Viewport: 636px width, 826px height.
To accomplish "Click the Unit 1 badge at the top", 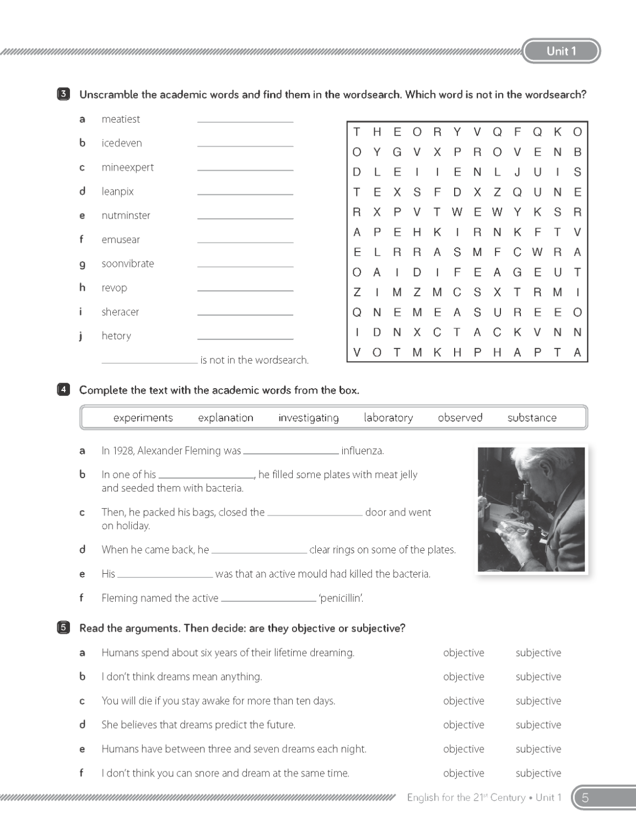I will coord(560,51).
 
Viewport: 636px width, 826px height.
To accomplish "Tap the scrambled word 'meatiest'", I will coord(121,119).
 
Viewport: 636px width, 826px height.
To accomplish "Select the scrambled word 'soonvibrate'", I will coord(127,263).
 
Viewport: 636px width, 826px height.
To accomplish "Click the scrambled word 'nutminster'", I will coord(126,215).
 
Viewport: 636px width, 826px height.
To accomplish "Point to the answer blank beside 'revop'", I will coord(245,288).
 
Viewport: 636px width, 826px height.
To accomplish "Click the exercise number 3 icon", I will coord(63,94).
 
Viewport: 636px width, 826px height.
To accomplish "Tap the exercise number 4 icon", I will coord(63,390).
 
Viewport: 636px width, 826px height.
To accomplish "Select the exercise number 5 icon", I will coord(63,628).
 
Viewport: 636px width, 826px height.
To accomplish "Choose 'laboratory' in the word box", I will coord(388,417).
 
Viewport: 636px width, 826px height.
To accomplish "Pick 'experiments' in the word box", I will coord(143,417).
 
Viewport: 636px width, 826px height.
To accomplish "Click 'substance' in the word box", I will coord(532,417).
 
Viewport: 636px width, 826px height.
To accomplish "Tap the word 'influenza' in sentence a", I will coord(362,450).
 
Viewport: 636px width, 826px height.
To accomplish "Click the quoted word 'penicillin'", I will coord(341,598).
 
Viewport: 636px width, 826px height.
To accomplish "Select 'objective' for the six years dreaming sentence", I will coord(463,653).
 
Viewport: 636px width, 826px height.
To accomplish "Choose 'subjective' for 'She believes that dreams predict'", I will coord(538,725).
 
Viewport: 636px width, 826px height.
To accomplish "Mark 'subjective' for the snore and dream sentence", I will coord(538,773).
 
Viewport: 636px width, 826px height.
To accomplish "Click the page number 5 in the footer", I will coord(585,797).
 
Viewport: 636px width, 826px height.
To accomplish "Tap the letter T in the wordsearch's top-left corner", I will coord(357,132).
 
